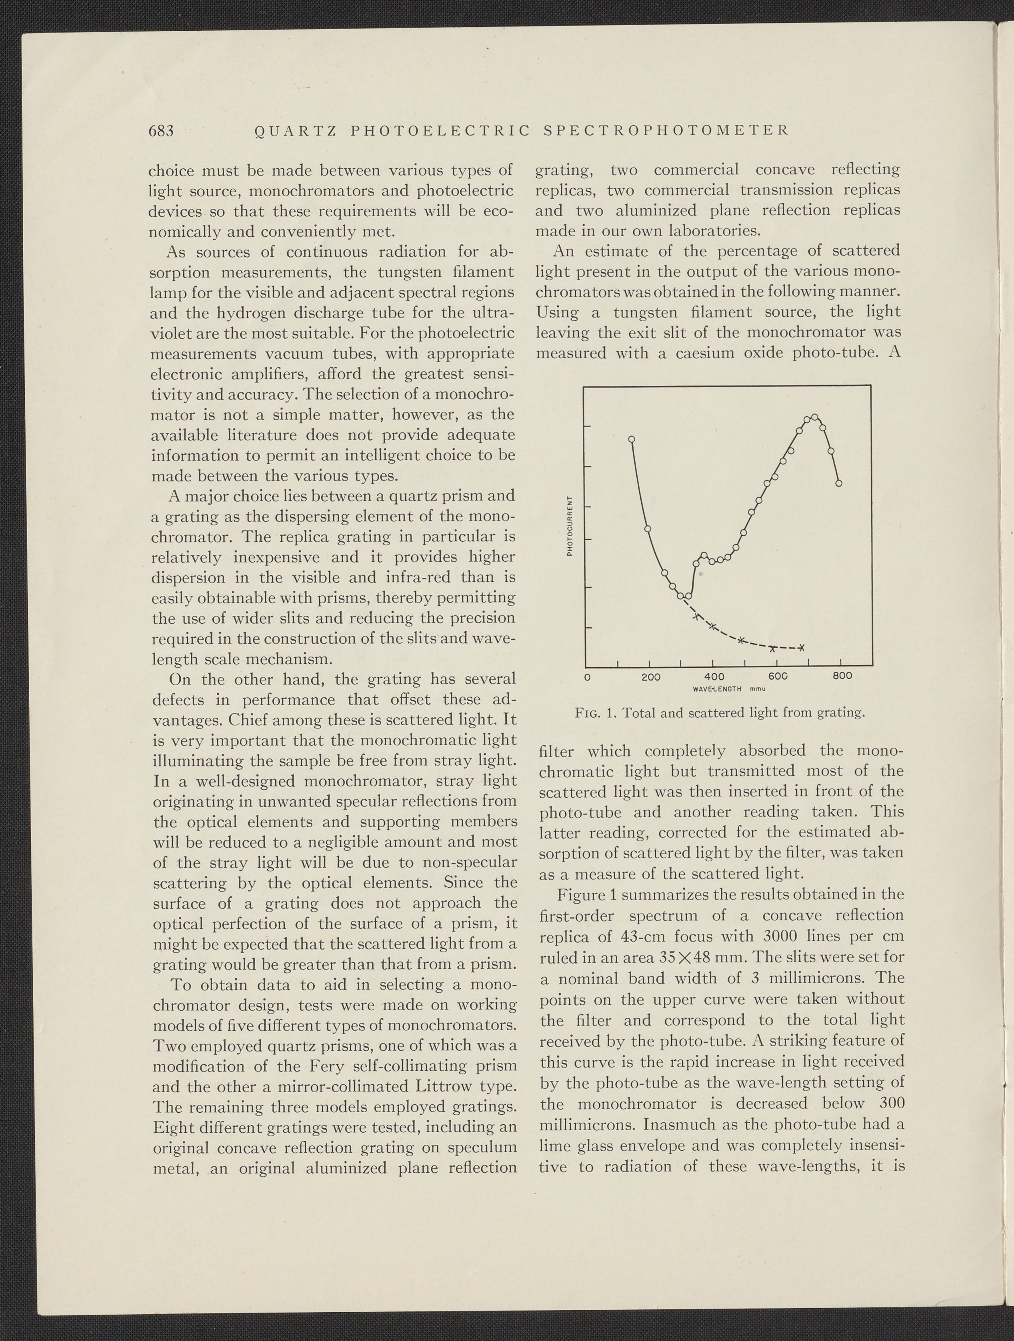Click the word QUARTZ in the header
click(291, 131)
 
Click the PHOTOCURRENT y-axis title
click(570, 525)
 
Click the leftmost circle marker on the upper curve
click(631, 438)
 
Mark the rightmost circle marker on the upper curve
click(839, 483)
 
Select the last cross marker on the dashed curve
click(802, 647)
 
